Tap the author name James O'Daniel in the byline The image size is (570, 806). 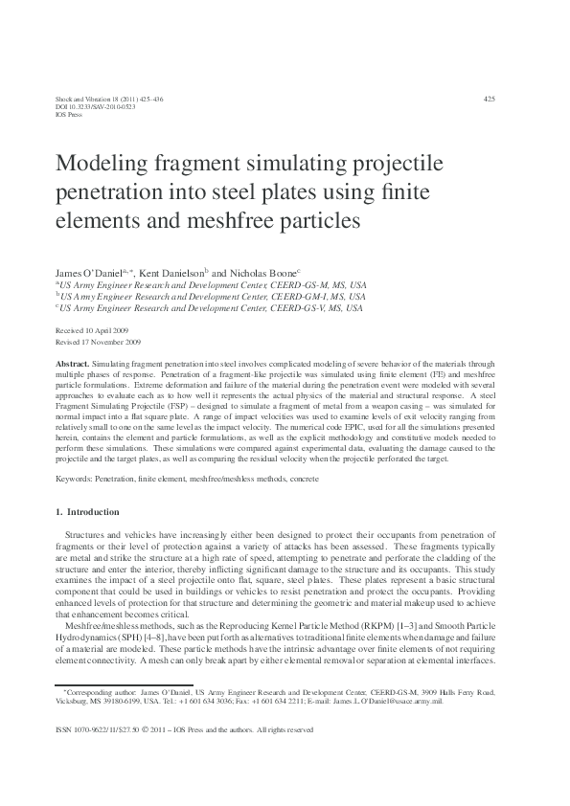coord(91,272)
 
